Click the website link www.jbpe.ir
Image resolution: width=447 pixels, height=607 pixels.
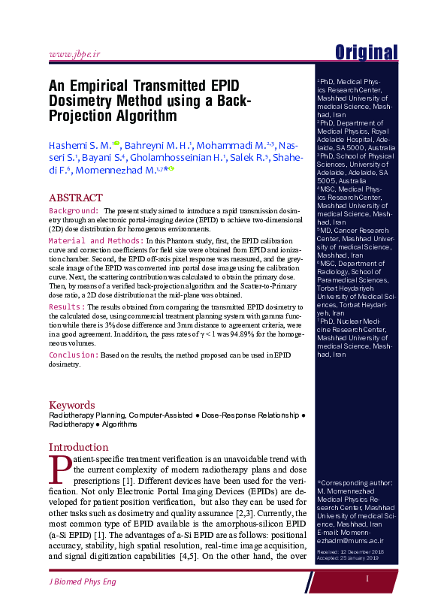(x=74, y=55)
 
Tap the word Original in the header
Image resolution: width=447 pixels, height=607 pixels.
(x=366, y=53)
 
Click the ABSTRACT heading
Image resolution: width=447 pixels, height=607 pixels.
(x=76, y=197)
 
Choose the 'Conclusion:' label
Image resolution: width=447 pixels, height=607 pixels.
(x=73, y=354)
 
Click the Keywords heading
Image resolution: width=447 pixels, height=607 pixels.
(x=72, y=404)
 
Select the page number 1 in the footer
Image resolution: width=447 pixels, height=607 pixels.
(x=367, y=579)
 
